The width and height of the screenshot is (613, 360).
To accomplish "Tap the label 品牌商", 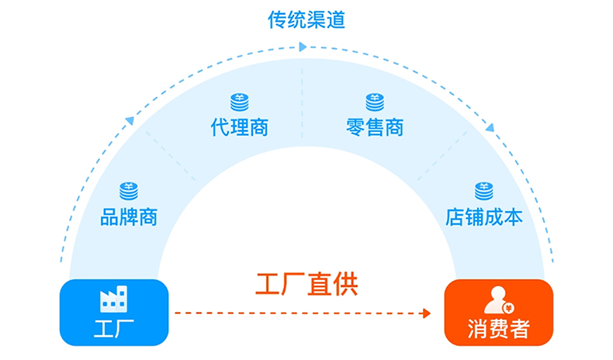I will [129, 217].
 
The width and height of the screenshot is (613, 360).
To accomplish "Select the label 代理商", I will [239, 126].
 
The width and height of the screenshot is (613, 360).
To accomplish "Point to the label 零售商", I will [375, 126].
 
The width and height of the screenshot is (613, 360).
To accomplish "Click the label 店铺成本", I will [483, 216].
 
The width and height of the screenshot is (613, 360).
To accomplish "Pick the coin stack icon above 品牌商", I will [129, 191].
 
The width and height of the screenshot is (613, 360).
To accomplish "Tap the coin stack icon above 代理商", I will [239, 102].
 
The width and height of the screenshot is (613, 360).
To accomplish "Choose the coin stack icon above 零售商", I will [375, 102].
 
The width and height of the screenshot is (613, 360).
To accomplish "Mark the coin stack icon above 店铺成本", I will [483, 190].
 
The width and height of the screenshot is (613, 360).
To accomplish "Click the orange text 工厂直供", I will [306, 284].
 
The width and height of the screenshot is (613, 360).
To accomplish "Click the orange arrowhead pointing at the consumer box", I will [425, 313].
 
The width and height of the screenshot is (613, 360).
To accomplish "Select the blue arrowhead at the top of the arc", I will [303, 47].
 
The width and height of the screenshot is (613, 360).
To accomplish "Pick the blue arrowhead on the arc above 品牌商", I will [130, 120].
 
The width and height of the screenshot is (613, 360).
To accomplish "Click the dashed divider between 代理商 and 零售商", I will [303, 101].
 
